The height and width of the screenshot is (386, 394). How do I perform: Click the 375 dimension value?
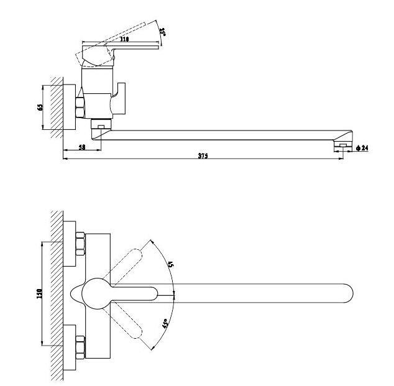point(203,155)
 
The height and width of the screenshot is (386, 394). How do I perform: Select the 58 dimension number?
point(82,147)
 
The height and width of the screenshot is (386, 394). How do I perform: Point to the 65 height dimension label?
point(40,107)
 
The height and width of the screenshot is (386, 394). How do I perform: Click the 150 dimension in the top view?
point(39,293)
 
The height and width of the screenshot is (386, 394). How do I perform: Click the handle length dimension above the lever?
point(124,40)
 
